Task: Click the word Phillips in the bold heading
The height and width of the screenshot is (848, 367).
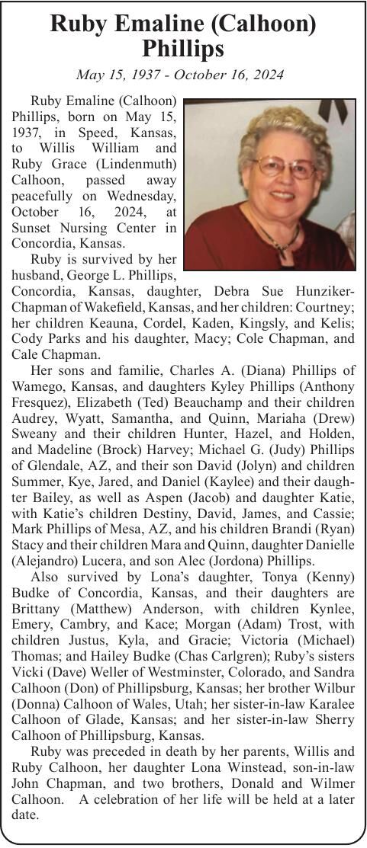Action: click(x=183, y=49)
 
